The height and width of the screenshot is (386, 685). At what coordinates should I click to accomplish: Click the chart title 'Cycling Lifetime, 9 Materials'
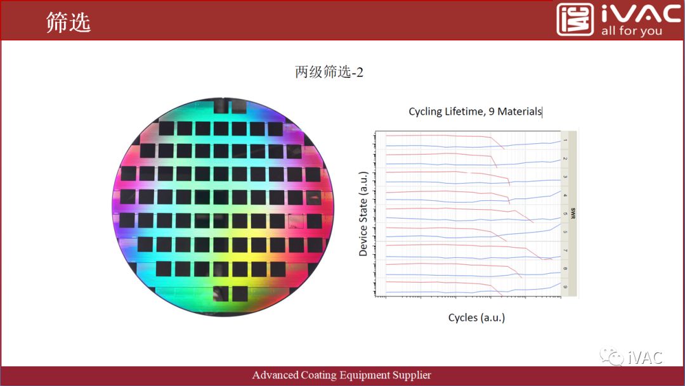[475, 112]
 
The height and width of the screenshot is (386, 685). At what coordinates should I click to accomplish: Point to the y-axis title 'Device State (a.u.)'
[363, 213]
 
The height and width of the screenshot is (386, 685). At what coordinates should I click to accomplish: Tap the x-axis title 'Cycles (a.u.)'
[476, 317]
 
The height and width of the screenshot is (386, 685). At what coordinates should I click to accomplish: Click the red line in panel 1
[438, 135]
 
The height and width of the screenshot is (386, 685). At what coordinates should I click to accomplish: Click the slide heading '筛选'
[68, 22]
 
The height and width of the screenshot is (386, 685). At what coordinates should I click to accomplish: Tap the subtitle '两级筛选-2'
[329, 72]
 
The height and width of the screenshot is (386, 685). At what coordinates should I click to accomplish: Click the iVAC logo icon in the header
[575, 20]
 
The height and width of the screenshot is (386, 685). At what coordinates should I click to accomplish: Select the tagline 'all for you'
[631, 31]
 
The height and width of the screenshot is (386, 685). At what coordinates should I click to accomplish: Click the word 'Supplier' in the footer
[410, 375]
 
